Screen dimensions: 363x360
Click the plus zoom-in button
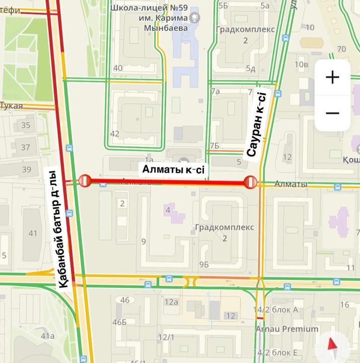(x=332, y=77)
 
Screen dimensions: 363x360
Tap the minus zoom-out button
(x=332, y=113)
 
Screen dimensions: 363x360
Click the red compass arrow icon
(x=332, y=345)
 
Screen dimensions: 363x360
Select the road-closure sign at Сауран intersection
(x=251, y=182)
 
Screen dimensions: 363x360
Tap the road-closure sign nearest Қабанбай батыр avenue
(x=84, y=180)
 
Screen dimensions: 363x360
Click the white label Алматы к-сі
(x=174, y=170)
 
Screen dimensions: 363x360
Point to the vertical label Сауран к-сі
(x=254, y=124)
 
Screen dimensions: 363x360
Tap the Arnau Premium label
(x=286, y=329)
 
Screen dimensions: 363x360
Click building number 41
(x=33, y=233)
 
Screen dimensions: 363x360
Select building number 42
(x=115, y=134)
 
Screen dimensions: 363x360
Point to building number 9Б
(x=203, y=265)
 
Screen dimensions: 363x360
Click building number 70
(x=342, y=49)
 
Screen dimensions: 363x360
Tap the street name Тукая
(x=12, y=105)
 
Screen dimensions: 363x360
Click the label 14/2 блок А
(x=276, y=310)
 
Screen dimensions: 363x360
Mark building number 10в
(x=301, y=64)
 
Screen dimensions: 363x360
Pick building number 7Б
(x=215, y=146)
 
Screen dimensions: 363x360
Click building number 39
(x=26, y=169)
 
